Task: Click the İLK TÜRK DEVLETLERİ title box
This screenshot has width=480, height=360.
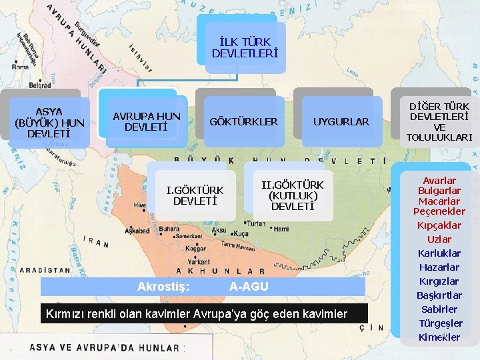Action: pyautogui.click(x=244, y=47)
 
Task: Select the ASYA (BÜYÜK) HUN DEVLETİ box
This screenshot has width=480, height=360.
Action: pyautogui.click(x=49, y=123)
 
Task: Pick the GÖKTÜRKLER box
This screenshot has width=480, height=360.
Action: pyautogui.click(x=243, y=122)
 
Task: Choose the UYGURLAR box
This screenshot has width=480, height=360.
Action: pyautogui.click(x=341, y=122)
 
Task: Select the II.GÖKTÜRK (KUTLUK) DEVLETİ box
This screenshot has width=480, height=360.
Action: pyautogui.click(x=292, y=195)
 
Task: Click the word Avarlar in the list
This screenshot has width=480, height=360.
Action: pyautogui.click(x=439, y=181)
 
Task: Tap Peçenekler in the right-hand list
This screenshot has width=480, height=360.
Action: pyautogui.click(x=439, y=211)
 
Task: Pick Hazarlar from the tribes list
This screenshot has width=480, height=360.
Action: pyautogui.click(x=439, y=267)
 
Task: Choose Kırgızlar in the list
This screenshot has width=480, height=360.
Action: pyautogui.click(x=439, y=281)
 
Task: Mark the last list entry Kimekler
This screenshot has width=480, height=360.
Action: pyautogui.click(x=439, y=337)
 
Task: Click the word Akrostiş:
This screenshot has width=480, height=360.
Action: pyautogui.click(x=163, y=287)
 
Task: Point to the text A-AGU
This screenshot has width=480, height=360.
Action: pyautogui.click(x=249, y=287)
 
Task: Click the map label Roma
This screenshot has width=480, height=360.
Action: pyautogui.click(x=20, y=67)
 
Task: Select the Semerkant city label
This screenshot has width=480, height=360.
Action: pyautogui.click(x=188, y=237)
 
